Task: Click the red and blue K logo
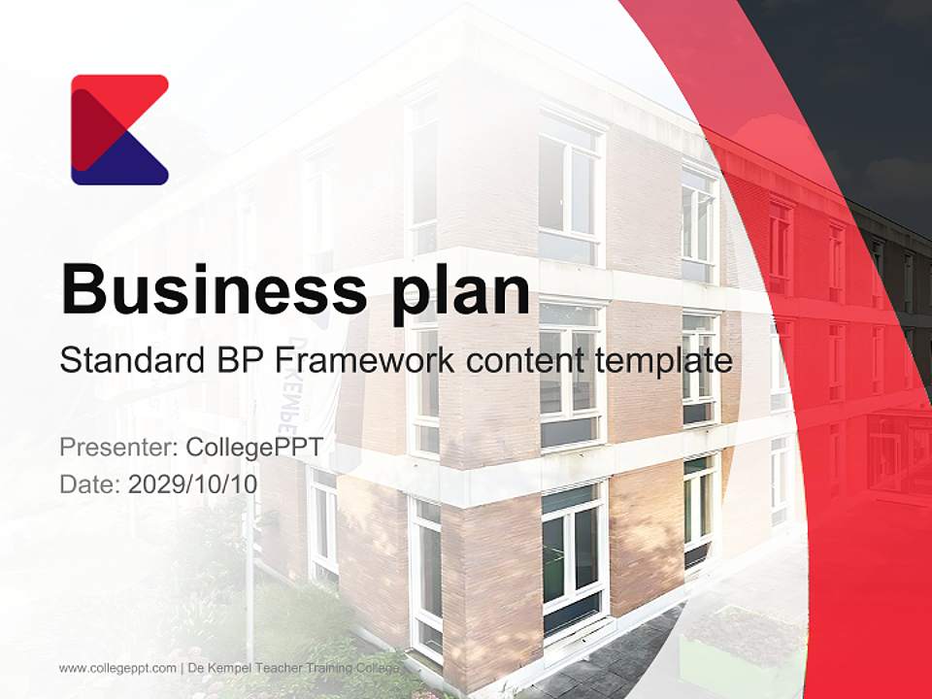pyautogui.click(x=119, y=129)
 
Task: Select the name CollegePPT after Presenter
pyautogui.click(x=253, y=448)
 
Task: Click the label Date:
pyautogui.click(x=90, y=483)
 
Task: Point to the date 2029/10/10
pyautogui.click(x=192, y=483)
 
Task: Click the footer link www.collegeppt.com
pyautogui.click(x=117, y=668)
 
